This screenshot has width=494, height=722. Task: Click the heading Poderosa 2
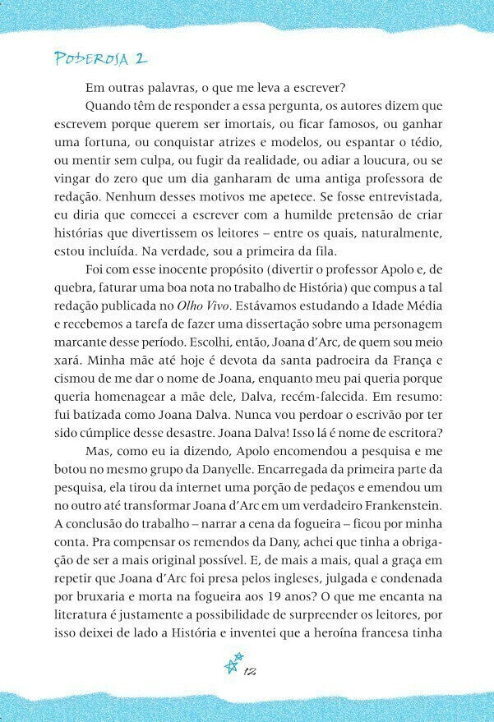[100, 58]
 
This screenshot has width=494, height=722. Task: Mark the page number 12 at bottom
[252, 671]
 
